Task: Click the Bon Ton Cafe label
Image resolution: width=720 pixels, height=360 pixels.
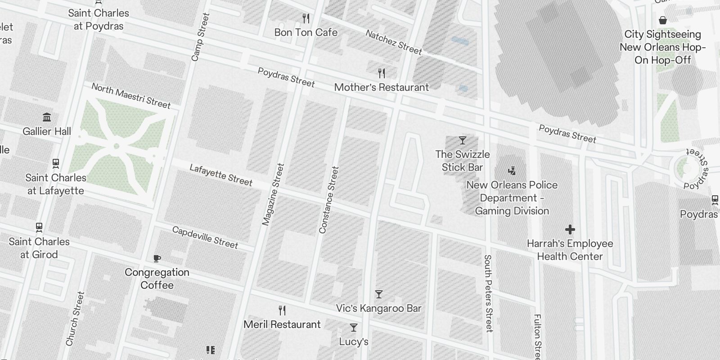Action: (306, 32)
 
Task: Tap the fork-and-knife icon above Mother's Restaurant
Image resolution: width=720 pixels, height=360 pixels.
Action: (382, 73)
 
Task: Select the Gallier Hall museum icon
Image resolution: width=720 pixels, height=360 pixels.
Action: (47, 117)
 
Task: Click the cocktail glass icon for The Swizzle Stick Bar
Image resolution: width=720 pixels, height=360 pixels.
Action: (462, 140)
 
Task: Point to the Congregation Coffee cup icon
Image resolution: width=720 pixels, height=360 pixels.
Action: (157, 258)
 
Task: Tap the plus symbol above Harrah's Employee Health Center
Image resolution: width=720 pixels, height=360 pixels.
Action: (570, 229)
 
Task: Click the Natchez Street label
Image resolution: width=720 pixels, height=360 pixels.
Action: (394, 42)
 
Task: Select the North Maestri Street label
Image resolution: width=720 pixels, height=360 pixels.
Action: (131, 96)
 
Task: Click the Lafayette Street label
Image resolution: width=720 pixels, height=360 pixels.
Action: (221, 175)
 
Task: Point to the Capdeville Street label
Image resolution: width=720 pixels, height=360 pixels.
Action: (205, 237)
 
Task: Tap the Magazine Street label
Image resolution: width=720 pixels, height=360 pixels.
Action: (273, 194)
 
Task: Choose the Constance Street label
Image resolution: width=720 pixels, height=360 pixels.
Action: (328, 200)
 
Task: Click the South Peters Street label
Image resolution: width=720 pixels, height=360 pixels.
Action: (488, 293)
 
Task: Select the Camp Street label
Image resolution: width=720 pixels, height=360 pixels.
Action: (200, 37)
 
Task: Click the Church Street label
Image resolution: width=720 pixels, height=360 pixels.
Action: (75, 319)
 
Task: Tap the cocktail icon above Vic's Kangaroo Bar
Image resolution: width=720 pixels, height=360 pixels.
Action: (379, 294)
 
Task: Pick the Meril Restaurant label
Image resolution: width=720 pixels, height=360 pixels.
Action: (282, 324)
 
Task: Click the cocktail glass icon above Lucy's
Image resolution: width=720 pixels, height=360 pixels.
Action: (354, 328)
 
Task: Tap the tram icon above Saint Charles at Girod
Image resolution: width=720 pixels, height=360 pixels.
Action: (39, 227)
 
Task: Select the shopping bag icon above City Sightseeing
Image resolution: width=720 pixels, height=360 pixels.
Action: (662, 20)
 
